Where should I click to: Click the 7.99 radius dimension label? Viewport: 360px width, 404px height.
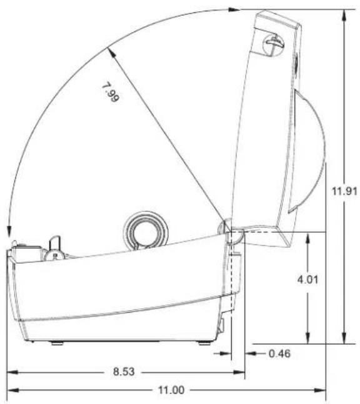tap(111, 92)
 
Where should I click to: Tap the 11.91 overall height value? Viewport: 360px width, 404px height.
tap(344, 191)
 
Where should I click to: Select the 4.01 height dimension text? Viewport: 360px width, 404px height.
tap(307, 280)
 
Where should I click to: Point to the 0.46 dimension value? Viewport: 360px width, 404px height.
tap(279, 353)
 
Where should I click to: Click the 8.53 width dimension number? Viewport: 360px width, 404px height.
tap(124, 371)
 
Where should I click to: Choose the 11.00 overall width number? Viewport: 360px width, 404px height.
tap(171, 390)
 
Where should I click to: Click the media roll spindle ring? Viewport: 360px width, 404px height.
tap(146, 230)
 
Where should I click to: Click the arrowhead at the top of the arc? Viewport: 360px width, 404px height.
tap(234, 10)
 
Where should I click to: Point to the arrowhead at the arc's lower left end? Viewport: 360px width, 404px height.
tap(9, 231)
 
